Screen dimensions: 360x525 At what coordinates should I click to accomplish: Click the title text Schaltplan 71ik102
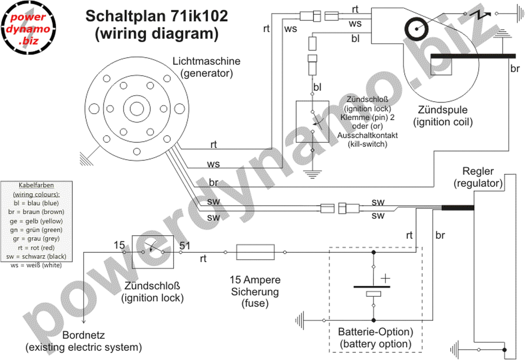[x=156, y=16]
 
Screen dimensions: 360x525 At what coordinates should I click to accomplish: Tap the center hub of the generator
[x=137, y=109]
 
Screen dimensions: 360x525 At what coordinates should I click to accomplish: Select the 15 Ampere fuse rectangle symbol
[x=255, y=252]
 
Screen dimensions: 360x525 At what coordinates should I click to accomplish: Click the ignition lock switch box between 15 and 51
[x=152, y=252]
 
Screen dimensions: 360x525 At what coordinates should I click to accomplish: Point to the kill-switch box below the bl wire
[x=313, y=122]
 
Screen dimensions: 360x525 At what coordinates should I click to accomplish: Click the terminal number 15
[x=119, y=245]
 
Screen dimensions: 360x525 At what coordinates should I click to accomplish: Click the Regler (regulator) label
[x=478, y=177]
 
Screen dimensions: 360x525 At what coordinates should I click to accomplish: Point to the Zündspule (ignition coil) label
[x=443, y=116]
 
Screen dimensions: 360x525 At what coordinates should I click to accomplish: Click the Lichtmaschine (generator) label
[x=206, y=67]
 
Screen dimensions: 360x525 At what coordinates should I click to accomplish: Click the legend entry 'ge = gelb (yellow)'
[x=37, y=221]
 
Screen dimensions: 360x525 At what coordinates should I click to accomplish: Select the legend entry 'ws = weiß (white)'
[x=37, y=266]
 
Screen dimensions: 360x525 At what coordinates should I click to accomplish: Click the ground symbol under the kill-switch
[x=313, y=174]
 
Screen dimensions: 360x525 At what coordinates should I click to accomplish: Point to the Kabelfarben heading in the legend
[x=37, y=185]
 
